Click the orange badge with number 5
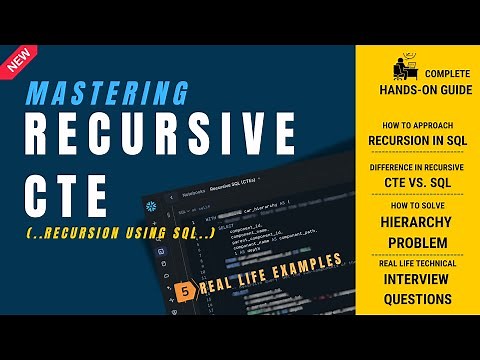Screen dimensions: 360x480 185,290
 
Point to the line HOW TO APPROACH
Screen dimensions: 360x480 417,123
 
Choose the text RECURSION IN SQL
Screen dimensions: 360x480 417,140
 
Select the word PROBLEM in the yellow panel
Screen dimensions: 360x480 417,243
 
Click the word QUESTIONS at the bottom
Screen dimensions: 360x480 417,298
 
